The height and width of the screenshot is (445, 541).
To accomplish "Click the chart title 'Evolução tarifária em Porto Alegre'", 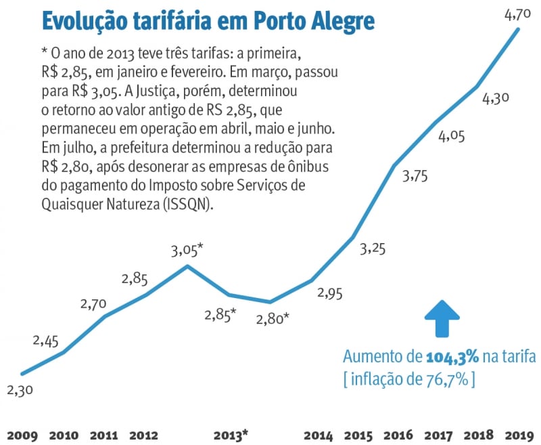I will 208,21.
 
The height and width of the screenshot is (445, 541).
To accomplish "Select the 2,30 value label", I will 20,390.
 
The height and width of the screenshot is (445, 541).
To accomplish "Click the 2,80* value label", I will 273,318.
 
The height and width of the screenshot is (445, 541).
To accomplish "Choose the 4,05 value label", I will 452,137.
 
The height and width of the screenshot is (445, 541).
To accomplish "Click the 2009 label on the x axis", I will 22,433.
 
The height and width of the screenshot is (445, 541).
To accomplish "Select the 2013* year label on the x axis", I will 231,433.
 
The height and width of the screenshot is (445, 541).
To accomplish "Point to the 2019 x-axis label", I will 518,433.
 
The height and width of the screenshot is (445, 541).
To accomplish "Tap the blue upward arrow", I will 442,318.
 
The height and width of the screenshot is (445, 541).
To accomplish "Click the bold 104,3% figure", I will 452,357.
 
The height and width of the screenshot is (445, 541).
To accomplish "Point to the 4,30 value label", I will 496,98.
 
